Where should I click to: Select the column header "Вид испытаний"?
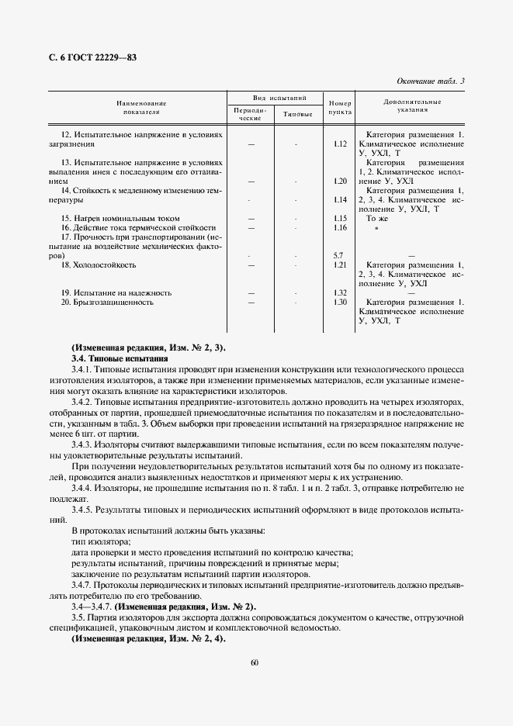[x=276, y=99]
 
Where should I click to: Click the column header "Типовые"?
[x=298, y=114]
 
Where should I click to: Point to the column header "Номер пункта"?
[x=339, y=108]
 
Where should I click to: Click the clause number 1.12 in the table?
[x=338, y=144]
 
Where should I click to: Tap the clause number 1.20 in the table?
[x=338, y=181]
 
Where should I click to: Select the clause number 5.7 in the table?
[x=338, y=255]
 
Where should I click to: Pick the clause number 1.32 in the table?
[x=338, y=292]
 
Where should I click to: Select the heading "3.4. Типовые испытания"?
[x=119, y=360]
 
